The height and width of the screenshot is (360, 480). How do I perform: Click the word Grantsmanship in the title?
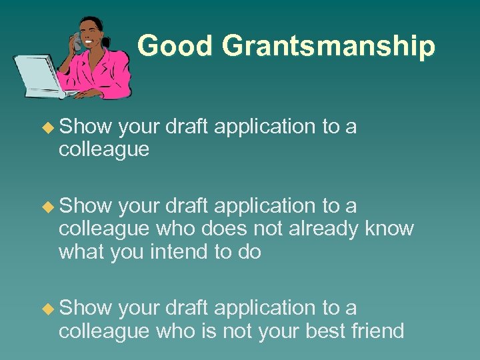329,47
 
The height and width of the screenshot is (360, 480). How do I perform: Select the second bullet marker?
47,207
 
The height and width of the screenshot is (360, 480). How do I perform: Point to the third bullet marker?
47,308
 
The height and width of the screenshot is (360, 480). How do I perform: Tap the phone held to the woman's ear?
77,44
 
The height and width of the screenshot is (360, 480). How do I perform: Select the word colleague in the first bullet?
103,149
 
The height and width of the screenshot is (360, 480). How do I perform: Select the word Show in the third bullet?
85,308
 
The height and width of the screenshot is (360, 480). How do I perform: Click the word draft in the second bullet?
186,207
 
